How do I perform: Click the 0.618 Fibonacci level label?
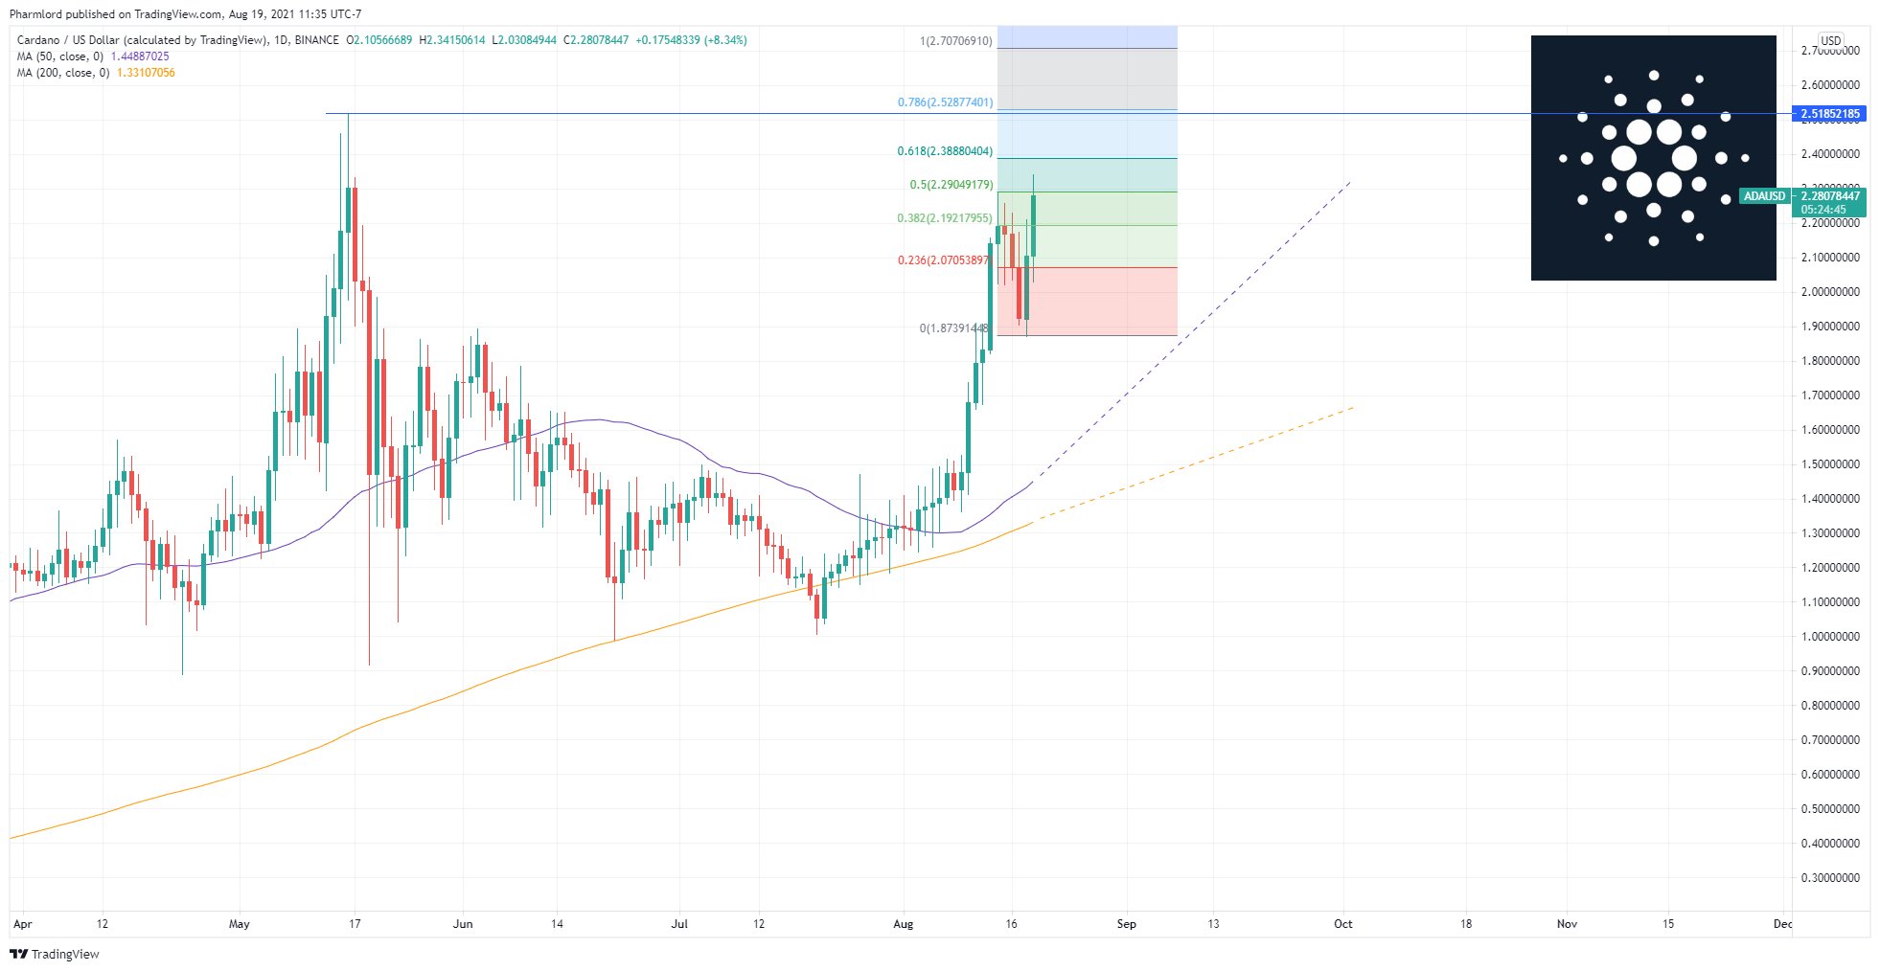[945, 151]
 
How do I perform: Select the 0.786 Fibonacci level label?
[945, 102]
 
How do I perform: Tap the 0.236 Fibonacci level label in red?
[943, 260]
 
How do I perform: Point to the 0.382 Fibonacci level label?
[945, 218]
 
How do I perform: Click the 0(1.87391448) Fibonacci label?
[953, 328]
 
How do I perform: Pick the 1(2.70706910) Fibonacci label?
[955, 41]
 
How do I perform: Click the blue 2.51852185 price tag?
[1830, 114]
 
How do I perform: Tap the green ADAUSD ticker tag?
[1764, 196]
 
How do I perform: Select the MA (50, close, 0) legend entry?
[59, 56]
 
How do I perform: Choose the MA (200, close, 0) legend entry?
[62, 73]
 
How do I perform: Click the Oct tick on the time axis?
[1343, 924]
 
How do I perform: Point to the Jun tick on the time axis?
[463, 924]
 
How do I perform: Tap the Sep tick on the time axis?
[1127, 924]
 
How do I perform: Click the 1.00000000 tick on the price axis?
[1830, 637]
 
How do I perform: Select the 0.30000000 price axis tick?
[1830, 878]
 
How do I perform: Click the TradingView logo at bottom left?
[55, 954]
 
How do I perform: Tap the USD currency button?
[1830, 41]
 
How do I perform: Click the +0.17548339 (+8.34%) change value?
[691, 40]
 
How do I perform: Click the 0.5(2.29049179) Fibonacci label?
[951, 185]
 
